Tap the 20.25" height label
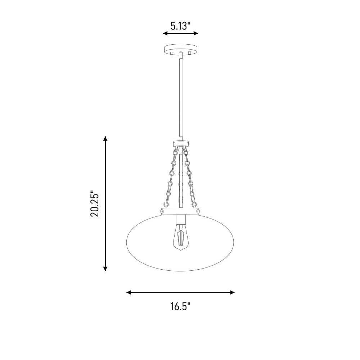pos(95,204)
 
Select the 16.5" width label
pos(180,306)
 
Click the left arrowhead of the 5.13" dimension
pos(165,33)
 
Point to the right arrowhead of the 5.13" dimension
pos(195,33)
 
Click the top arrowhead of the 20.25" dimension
pos(105,139)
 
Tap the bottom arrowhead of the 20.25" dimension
pos(105,269)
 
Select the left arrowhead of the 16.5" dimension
pos(129,292)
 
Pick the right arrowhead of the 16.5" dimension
pos(232,292)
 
